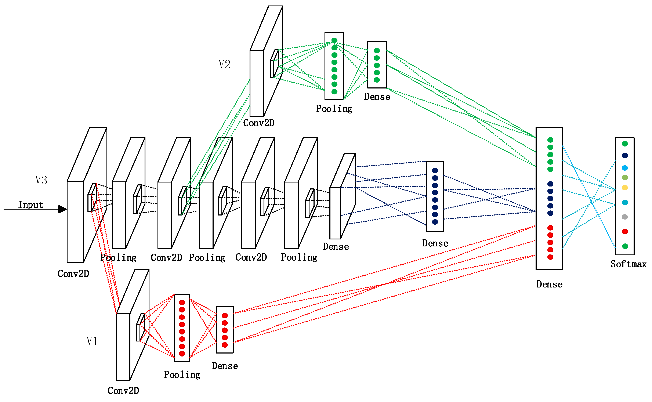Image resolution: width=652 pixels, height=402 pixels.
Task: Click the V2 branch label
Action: pyautogui.click(x=224, y=64)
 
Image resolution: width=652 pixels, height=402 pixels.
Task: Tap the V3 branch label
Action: pyautogui.click(x=41, y=180)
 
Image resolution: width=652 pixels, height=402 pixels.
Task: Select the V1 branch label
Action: pyautogui.click(x=92, y=341)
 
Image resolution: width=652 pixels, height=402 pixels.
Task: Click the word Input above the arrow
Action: pyautogui.click(x=30, y=205)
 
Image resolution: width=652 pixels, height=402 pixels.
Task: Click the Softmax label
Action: pyautogui.click(x=628, y=264)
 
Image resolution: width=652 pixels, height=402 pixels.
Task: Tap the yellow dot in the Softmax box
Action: pyautogui.click(x=625, y=188)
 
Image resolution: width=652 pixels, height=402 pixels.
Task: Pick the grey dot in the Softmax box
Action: pyautogui.click(x=625, y=217)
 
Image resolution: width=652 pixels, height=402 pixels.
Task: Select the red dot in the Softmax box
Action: pyautogui.click(x=625, y=232)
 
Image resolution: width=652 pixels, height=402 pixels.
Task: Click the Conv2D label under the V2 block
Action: pyautogui.click(x=259, y=123)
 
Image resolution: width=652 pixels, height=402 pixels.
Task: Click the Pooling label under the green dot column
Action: pyautogui.click(x=334, y=109)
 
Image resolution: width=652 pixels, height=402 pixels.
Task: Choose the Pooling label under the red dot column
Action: pyautogui.click(x=182, y=375)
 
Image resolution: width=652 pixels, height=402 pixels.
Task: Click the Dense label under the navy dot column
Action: pyautogui.click(x=435, y=243)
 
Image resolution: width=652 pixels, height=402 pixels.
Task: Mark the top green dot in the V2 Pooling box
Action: pyautogui.click(x=334, y=40)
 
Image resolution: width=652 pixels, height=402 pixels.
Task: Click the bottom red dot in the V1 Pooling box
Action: pyautogui.click(x=182, y=354)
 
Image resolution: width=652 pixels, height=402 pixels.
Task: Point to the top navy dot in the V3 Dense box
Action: pyautogui.click(x=435, y=171)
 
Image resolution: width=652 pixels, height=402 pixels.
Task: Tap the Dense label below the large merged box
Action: pyautogui.click(x=549, y=284)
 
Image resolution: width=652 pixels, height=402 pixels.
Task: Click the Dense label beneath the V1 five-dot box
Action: pyautogui.click(x=225, y=366)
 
